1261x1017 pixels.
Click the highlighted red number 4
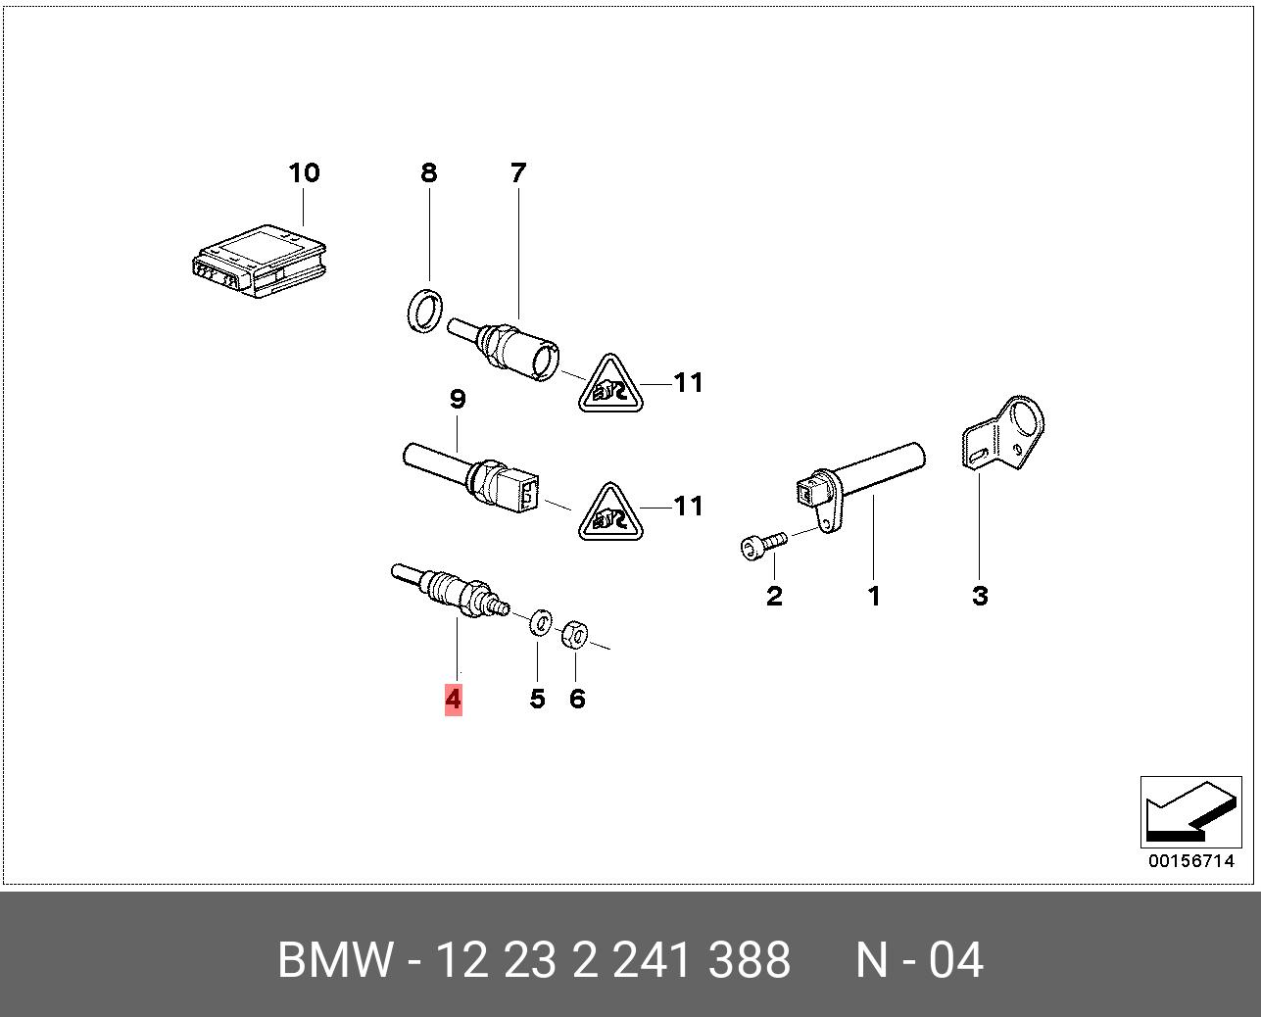[453, 699]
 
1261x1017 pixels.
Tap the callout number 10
[304, 173]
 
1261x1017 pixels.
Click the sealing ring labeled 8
[423, 310]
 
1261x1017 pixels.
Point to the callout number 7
[517, 173]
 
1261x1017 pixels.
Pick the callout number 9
[457, 400]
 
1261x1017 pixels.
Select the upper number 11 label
[689, 382]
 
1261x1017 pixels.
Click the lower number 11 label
[689, 506]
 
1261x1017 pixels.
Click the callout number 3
[980, 596]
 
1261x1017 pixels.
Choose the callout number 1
[873, 596]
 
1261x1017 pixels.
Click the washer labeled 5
[539, 622]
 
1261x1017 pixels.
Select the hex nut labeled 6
[574, 635]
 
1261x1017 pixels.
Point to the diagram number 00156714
[1190, 861]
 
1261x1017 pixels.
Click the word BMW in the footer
[336, 960]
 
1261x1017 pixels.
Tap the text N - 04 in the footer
[919, 960]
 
